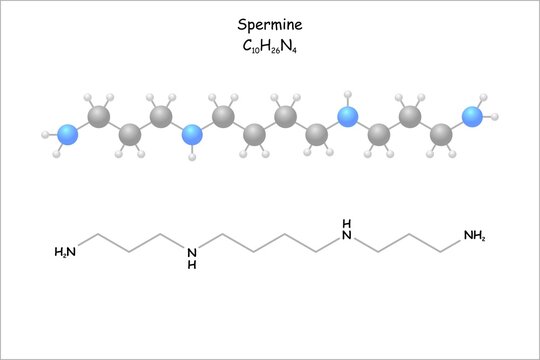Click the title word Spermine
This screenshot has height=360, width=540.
coord(269,24)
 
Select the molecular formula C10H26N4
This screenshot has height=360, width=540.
coord(269,45)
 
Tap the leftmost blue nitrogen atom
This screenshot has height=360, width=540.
coord(68,134)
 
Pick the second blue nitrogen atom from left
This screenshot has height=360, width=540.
coord(193,135)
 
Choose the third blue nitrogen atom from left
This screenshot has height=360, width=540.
coord(347,117)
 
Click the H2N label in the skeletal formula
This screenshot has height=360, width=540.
coord(65,252)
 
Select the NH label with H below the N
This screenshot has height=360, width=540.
coord(192,257)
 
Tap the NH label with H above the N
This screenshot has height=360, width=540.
coord(347,230)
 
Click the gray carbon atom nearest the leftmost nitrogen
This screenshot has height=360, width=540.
coord(99,118)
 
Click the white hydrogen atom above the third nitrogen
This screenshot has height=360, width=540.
coord(347,95)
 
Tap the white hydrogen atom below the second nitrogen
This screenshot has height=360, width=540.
coord(193,157)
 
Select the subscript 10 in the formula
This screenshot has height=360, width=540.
coord(255,48)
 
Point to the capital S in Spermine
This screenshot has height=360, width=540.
coord(242,24)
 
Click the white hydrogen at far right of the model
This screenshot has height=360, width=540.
coord(495,118)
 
